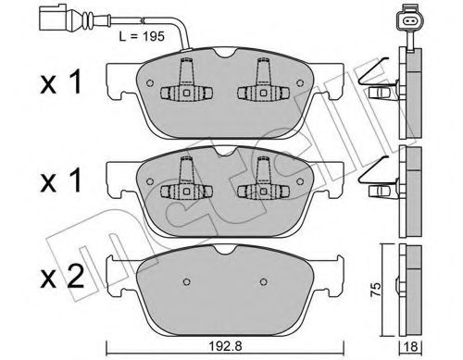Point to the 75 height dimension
(x=375, y=286)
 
